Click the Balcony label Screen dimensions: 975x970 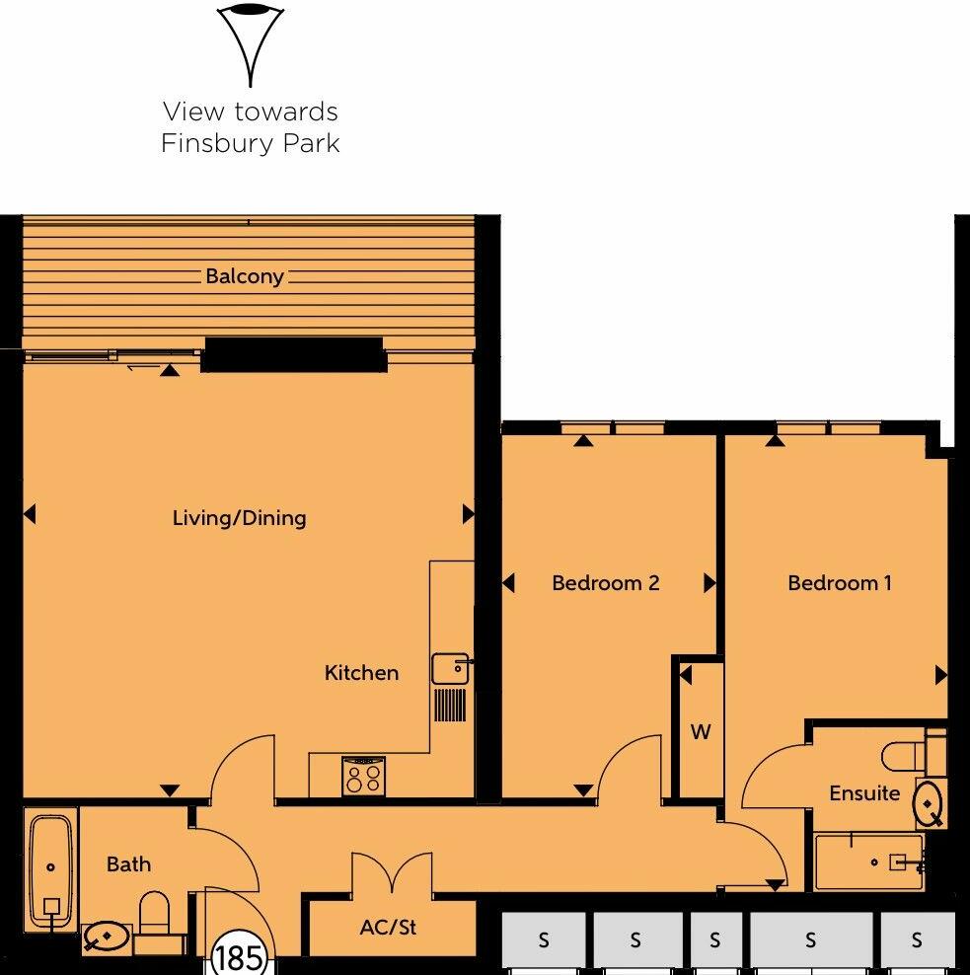(x=245, y=276)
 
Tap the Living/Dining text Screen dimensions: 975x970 (x=239, y=517)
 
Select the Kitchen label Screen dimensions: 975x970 (x=361, y=673)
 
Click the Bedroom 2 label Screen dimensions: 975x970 (x=605, y=583)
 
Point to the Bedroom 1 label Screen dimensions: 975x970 (x=839, y=583)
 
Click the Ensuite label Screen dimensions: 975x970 (x=864, y=793)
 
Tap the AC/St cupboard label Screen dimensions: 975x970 (x=388, y=929)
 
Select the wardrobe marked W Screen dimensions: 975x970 (x=700, y=732)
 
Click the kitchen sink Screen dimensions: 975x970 (x=449, y=669)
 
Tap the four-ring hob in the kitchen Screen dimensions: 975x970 (x=362, y=777)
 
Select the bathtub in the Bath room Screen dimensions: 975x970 (x=51, y=868)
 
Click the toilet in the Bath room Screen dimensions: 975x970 (x=156, y=912)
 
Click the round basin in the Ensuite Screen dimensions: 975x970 (x=929, y=804)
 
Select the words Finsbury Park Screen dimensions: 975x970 (x=250, y=143)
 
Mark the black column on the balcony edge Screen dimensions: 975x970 (x=292, y=354)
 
